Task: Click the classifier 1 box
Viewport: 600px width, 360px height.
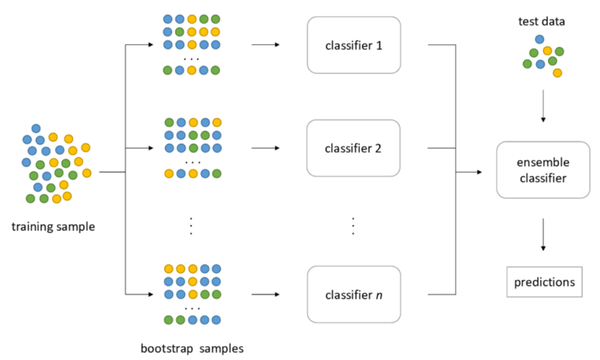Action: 354,45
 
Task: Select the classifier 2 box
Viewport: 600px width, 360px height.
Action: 353,148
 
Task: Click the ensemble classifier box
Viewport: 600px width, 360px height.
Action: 543,170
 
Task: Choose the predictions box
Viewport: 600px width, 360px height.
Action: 544,282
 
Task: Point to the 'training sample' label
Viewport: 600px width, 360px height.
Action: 53,227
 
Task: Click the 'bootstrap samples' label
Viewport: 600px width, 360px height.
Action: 192,349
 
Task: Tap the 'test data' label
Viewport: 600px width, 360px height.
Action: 542,22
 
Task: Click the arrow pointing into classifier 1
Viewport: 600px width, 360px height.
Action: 265,45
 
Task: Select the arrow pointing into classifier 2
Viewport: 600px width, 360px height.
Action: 265,148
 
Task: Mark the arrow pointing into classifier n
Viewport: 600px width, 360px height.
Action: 265,294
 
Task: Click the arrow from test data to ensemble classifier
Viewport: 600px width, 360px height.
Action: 543,106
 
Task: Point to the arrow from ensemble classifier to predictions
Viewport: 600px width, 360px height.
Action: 543,234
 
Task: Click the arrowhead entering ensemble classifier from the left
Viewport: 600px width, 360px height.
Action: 479,172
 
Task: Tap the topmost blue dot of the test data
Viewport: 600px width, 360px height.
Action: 539,39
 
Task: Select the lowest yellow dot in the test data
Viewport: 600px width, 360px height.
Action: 557,73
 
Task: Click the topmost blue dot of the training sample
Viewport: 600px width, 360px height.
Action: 36,128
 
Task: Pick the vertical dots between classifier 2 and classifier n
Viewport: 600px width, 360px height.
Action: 353,226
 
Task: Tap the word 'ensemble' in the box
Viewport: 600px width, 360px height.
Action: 543,162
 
